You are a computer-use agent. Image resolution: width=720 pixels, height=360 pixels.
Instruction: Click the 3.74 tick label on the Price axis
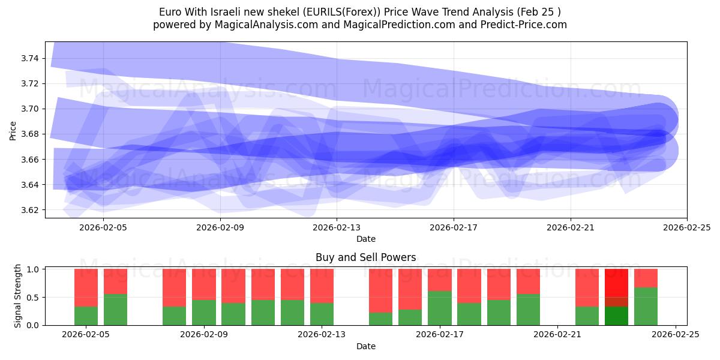click(30, 58)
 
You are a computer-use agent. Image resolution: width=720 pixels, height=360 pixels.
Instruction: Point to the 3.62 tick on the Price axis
click(30, 210)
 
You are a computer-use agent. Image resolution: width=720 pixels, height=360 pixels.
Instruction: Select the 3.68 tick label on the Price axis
click(30, 134)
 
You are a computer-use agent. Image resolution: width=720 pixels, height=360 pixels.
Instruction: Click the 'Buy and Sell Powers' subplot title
click(365, 257)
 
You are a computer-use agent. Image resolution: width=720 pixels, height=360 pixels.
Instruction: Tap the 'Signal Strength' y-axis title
click(18, 296)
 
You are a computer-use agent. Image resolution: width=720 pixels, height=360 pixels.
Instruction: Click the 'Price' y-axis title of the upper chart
click(13, 130)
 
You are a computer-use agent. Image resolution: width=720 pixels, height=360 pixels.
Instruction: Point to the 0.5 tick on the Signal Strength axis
click(34, 297)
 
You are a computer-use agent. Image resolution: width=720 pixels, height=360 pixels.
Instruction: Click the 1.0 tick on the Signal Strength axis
click(34, 269)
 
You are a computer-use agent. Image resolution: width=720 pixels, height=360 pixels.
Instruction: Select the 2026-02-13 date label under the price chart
click(337, 227)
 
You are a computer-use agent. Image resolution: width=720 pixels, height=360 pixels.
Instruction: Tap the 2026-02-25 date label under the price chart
click(686, 227)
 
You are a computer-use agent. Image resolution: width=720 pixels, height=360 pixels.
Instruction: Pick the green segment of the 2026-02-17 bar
click(440, 308)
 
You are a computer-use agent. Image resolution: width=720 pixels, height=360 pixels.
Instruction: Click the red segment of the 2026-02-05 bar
click(86, 287)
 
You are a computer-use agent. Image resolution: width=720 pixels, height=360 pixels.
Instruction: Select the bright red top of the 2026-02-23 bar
click(616, 282)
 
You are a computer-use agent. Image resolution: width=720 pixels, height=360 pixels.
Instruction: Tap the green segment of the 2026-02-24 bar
click(646, 306)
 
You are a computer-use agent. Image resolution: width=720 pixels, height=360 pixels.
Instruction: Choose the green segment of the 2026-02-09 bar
click(204, 312)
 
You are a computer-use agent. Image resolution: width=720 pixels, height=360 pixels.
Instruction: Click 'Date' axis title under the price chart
click(365, 239)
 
